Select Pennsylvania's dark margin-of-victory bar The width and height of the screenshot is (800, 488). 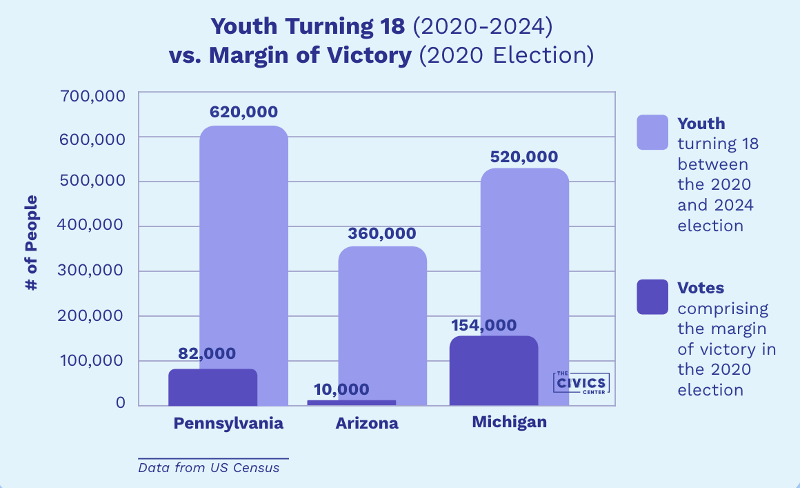coord(212,388)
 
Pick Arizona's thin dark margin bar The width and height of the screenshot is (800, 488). coord(352,402)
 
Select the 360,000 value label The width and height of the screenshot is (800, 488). coord(381,233)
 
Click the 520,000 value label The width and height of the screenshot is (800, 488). coord(524,157)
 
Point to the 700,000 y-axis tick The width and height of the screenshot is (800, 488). coord(94,95)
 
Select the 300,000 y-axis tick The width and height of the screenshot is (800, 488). coord(94,271)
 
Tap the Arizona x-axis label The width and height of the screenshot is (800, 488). coord(367,423)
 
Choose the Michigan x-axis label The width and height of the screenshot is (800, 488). coord(509,422)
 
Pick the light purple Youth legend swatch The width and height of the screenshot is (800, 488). coord(652,132)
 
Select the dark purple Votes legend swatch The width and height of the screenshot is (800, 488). coord(652,296)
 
